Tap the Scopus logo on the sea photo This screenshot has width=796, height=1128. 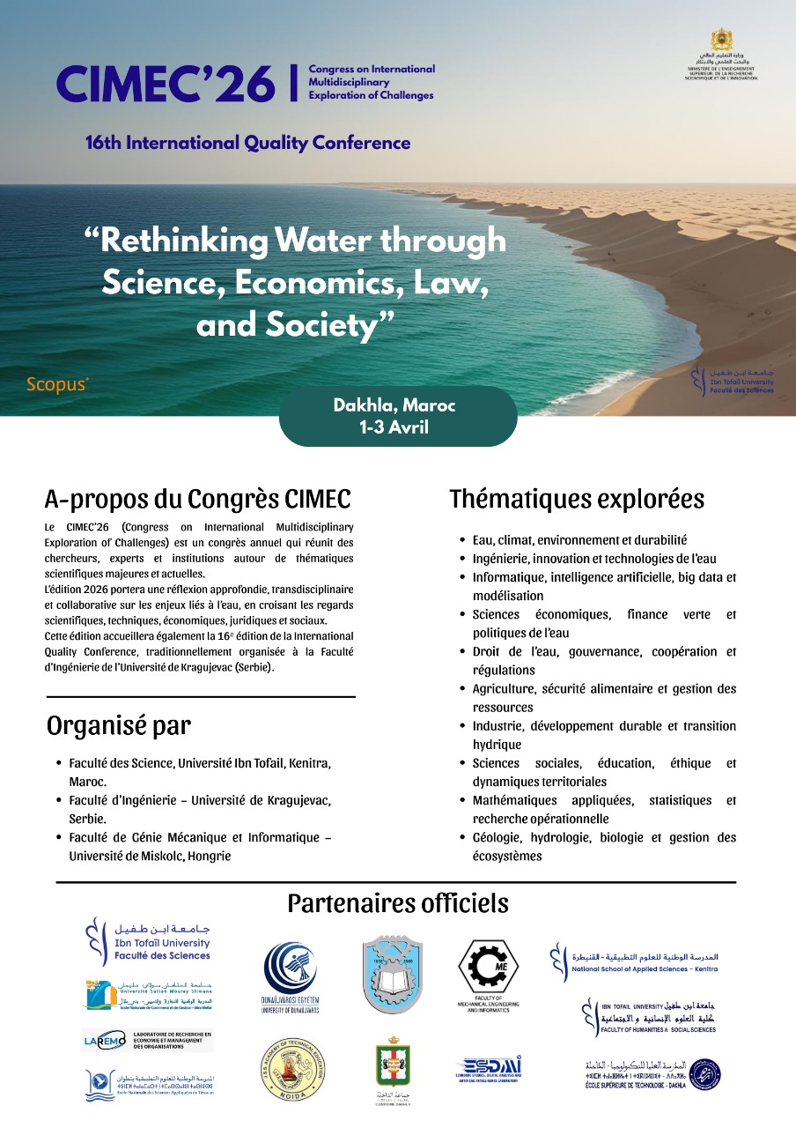point(57,385)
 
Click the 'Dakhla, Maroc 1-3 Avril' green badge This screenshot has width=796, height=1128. point(398,416)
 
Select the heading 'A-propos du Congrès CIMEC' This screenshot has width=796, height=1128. point(197,499)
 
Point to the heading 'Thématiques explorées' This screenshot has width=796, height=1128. point(577,499)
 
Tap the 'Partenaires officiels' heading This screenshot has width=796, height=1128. point(398,904)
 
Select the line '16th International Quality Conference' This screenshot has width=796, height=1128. point(248,142)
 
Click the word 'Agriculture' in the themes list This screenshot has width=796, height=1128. point(501,688)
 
